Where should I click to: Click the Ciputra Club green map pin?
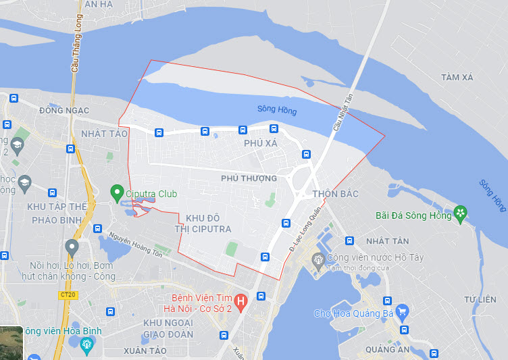(116, 192)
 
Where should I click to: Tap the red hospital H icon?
(242, 299)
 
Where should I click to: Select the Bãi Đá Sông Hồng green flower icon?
(460, 214)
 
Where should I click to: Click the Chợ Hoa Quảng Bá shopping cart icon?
(403, 312)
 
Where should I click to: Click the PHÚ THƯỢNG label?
(249, 178)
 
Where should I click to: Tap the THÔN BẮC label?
(335, 194)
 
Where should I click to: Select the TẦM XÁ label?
(457, 78)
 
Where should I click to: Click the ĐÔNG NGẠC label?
(64, 110)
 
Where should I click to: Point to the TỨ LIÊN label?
(480, 299)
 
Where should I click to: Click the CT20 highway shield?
(67, 295)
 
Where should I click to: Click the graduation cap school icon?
(25, 182)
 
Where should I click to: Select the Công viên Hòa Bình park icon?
(86, 344)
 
